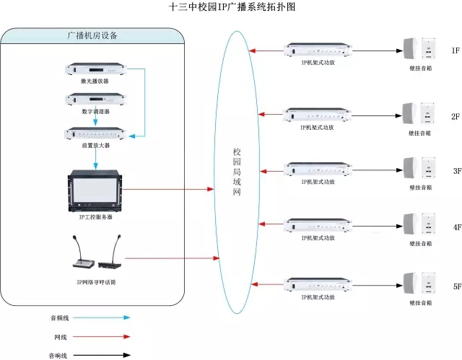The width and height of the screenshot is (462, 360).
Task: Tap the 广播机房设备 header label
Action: (92, 35)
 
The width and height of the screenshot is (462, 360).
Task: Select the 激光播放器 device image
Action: (95, 71)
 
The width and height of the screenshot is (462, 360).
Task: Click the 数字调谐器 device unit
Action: (95, 100)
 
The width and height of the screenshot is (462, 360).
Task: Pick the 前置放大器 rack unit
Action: (95, 133)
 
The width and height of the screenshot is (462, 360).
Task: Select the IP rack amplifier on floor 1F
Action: (318, 50)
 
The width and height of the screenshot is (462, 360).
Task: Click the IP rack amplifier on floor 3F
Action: (318, 169)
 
